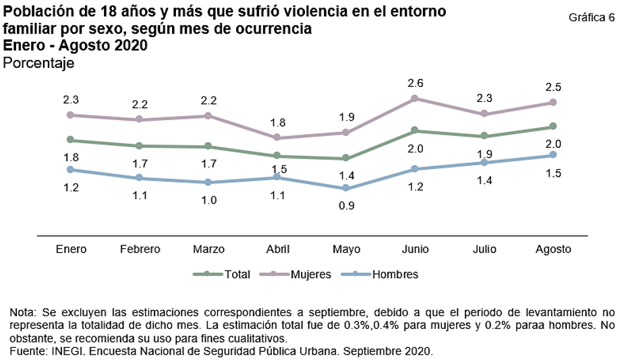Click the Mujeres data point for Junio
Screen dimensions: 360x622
tap(415, 98)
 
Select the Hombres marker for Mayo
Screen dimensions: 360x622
tap(346, 188)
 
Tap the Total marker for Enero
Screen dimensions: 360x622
tap(71, 140)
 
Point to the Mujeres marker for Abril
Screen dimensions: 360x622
tap(277, 138)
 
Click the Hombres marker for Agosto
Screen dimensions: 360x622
tap(553, 154)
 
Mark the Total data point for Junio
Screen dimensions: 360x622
tap(415, 130)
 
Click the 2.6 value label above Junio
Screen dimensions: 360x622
tap(415, 83)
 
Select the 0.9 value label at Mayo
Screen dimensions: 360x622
tap(346, 206)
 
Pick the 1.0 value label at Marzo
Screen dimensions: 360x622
tap(208, 200)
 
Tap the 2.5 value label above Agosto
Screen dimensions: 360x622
tap(553, 87)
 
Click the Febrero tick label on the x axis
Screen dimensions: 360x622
tap(140, 249)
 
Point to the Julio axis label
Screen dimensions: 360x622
tap(484, 249)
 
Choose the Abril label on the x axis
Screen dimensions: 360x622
tap(277, 249)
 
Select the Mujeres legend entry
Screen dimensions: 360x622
tap(310, 274)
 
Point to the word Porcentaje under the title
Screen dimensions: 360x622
tap(38, 63)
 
